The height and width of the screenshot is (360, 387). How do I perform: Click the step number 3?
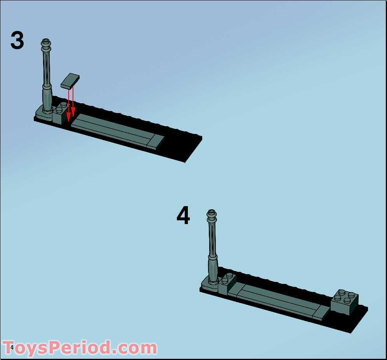(x=17, y=40)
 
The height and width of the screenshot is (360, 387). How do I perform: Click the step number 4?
(x=183, y=216)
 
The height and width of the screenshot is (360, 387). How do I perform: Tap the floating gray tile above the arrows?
(x=70, y=80)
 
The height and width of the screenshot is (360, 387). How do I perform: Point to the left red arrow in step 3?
(x=69, y=105)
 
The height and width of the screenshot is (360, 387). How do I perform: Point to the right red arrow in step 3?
(x=73, y=103)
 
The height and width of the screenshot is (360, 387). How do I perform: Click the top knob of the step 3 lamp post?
(x=46, y=41)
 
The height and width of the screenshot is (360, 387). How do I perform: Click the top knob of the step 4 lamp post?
(x=212, y=213)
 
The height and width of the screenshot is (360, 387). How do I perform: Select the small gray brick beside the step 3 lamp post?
(x=60, y=114)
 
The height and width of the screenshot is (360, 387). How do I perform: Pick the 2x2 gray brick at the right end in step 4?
(x=345, y=302)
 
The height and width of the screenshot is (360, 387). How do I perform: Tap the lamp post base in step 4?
(x=210, y=285)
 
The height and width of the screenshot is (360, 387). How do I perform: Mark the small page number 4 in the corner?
(x=12, y=348)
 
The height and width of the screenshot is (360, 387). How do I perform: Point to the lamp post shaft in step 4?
(x=212, y=241)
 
